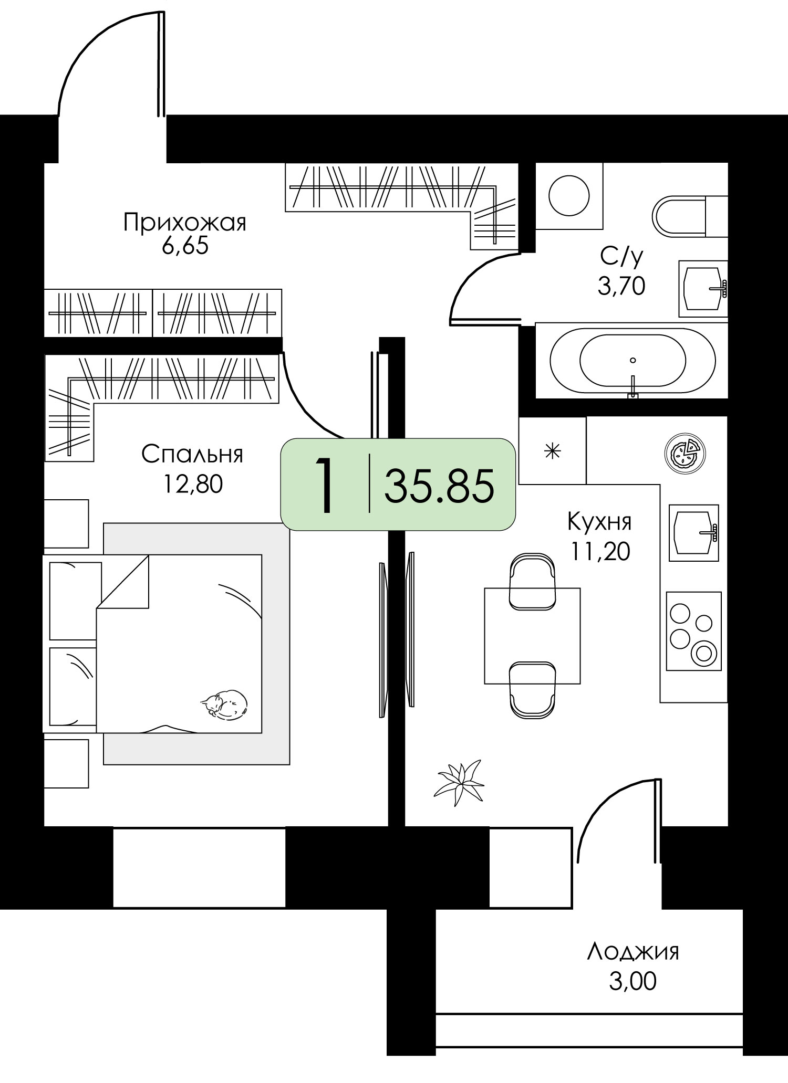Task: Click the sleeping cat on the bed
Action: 224,703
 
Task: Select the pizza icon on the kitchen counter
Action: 685,451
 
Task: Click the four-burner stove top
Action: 693,631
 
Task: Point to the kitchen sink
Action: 693,532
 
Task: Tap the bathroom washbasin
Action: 703,289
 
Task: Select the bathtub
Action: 633,360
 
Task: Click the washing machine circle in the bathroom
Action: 569,196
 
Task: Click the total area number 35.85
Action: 439,486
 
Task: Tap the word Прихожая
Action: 185,223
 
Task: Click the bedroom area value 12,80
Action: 193,484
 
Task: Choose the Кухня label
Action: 599,522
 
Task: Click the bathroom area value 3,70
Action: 621,287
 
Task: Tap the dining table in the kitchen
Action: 532,636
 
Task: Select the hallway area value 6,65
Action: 185,245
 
